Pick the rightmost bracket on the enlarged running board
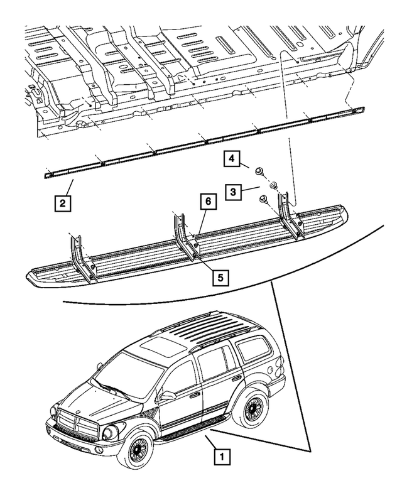click(291, 215)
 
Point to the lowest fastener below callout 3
click(264, 200)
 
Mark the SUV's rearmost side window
click(254, 348)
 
